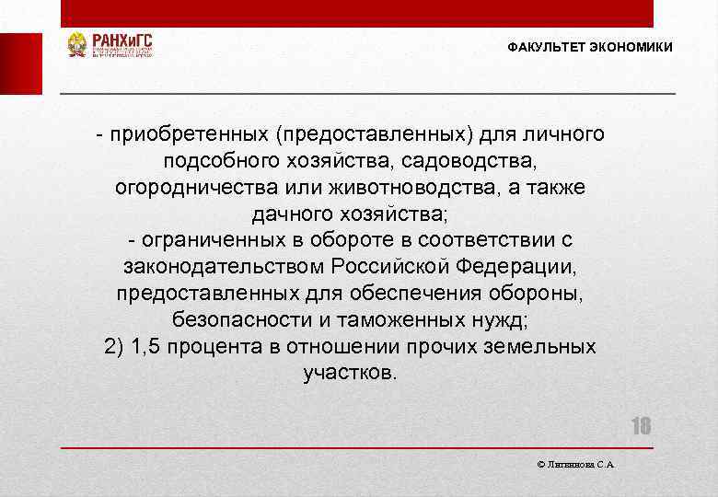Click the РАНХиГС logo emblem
[77, 45]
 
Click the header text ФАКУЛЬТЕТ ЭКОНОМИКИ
[589, 47]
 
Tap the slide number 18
[641, 426]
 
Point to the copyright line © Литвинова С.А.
[575, 465]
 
